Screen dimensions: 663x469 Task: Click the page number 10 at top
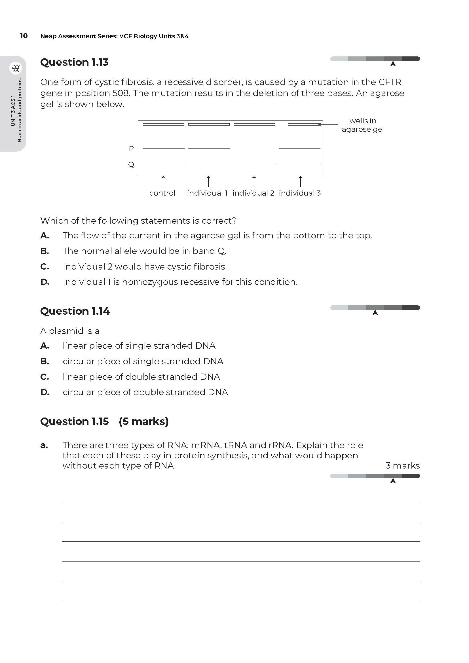pyautogui.click(x=24, y=36)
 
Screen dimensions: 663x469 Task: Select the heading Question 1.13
pyautogui.click(x=74, y=62)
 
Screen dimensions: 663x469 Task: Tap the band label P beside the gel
pyautogui.click(x=131, y=149)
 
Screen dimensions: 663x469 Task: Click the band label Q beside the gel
pyautogui.click(x=131, y=165)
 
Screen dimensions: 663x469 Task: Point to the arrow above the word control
pyautogui.click(x=163, y=181)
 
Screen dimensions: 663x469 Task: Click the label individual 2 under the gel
pyautogui.click(x=253, y=193)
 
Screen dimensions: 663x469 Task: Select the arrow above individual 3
pyautogui.click(x=300, y=181)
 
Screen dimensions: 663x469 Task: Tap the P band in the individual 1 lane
pyautogui.click(x=209, y=149)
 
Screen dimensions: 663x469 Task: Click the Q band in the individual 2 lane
pyautogui.click(x=254, y=165)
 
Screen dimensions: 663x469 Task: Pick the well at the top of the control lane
pyautogui.click(x=163, y=124)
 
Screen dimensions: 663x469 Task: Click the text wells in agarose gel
pyautogui.click(x=363, y=125)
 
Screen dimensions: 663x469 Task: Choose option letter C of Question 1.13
pyautogui.click(x=45, y=266)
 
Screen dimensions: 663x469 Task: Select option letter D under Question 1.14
pyautogui.click(x=45, y=392)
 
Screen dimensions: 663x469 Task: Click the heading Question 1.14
pyautogui.click(x=75, y=311)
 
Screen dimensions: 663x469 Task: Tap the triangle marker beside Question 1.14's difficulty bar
pyautogui.click(x=375, y=312)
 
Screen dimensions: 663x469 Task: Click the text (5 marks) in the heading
pyautogui.click(x=143, y=421)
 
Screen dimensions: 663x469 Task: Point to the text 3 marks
pyautogui.click(x=402, y=466)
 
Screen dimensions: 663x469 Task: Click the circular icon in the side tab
pyautogui.click(x=16, y=68)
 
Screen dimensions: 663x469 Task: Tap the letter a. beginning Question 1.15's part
pyautogui.click(x=44, y=446)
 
